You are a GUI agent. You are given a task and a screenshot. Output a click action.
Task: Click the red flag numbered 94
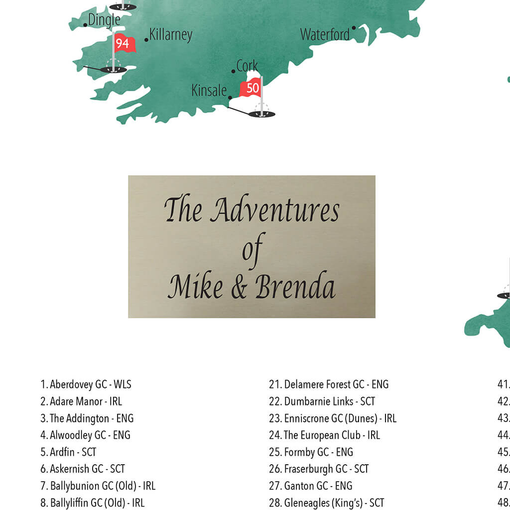(x=124, y=43)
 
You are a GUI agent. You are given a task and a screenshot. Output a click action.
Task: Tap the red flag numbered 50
(x=251, y=88)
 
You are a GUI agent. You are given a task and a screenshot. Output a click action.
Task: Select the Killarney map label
(x=171, y=34)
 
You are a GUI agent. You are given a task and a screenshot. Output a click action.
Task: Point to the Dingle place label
(x=104, y=20)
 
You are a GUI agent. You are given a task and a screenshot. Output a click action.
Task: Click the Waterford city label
(x=325, y=34)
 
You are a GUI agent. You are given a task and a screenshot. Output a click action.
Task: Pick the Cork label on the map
(x=247, y=66)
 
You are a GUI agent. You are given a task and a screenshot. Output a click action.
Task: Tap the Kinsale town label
(x=209, y=90)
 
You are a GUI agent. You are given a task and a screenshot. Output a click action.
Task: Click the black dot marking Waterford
(x=354, y=28)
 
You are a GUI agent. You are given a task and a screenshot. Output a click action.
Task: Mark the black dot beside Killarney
(x=146, y=40)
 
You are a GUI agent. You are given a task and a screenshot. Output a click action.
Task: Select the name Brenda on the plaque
(x=295, y=288)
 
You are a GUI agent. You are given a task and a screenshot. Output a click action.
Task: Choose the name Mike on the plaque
(x=195, y=288)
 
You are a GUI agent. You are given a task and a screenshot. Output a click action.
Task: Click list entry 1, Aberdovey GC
(x=86, y=384)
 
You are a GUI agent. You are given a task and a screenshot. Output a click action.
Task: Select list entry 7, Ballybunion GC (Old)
(x=98, y=486)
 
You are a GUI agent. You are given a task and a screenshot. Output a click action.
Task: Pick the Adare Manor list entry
(x=81, y=401)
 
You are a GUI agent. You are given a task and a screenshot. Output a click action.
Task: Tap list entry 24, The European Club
(x=324, y=435)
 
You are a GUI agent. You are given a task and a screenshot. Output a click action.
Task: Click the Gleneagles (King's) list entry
(x=326, y=503)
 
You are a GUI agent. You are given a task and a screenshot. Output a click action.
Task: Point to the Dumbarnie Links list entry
(x=322, y=401)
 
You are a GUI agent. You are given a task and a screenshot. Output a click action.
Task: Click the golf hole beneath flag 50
(x=261, y=114)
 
